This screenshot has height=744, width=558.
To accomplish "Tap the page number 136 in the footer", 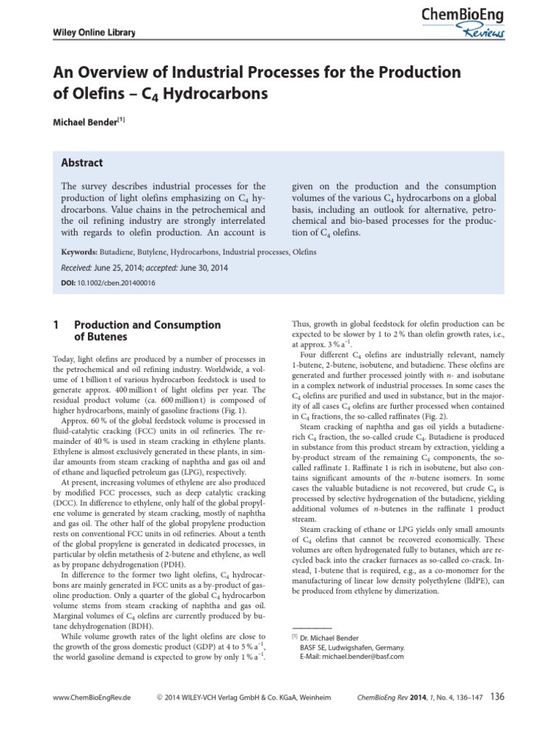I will (x=497, y=697).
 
